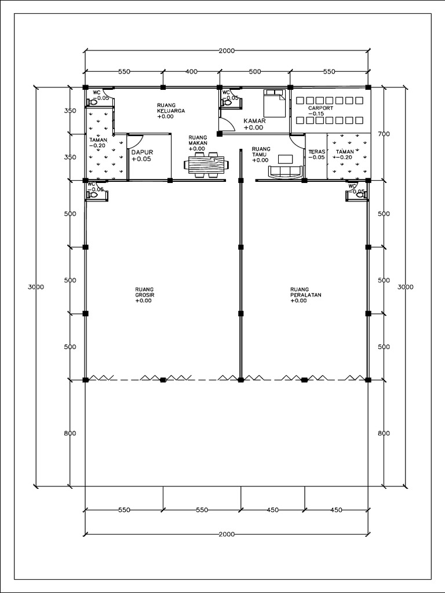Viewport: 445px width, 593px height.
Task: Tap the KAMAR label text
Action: [x=255, y=121]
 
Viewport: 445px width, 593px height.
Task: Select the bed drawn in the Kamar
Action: [x=274, y=103]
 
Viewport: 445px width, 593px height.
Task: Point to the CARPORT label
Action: [x=320, y=108]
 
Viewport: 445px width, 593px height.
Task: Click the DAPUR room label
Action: [x=143, y=152]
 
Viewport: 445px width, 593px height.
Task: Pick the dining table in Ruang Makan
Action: [x=207, y=164]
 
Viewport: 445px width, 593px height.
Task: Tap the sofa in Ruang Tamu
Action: [x=286, y=171]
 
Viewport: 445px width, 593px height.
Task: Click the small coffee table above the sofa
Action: [x=285, y=159]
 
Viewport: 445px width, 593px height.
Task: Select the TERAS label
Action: [x=317, y=152]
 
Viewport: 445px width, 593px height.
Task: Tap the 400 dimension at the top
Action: [x=191, y=71]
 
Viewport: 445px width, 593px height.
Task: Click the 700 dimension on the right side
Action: [x=384, y=134]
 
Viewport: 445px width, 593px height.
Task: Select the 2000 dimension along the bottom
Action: [x=227, y=534]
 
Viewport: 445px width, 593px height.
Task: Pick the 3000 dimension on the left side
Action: [x=36, y=287]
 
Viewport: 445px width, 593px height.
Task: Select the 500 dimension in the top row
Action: [x=255, y=71]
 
